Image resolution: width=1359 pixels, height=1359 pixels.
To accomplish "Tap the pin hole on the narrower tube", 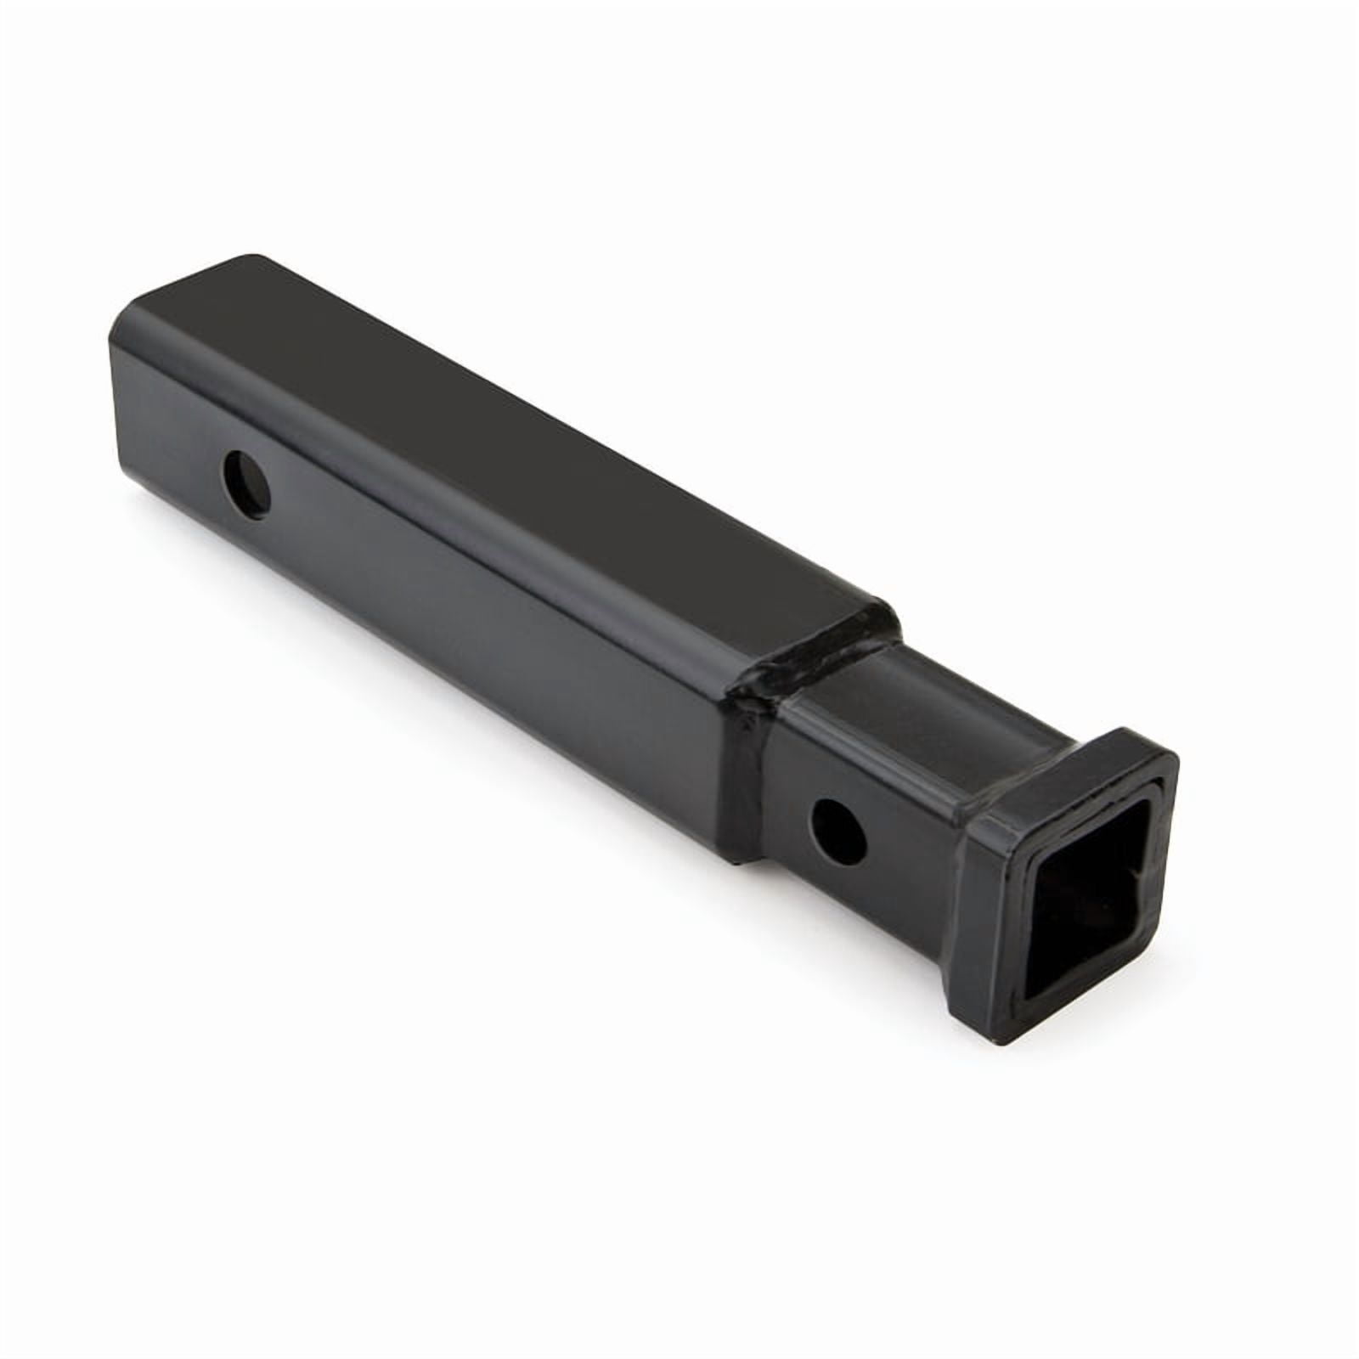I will (x=838, y=828).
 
